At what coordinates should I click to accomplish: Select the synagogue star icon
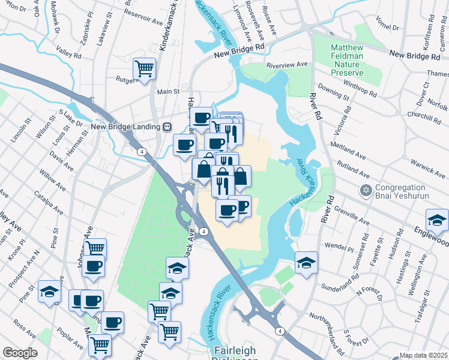click(x=366, y=191)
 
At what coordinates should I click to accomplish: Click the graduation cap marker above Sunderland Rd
click(x=307, y=262)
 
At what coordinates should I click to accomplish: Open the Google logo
click(x=20, y=353)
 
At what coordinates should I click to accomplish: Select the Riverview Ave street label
click(x=287, y=64)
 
